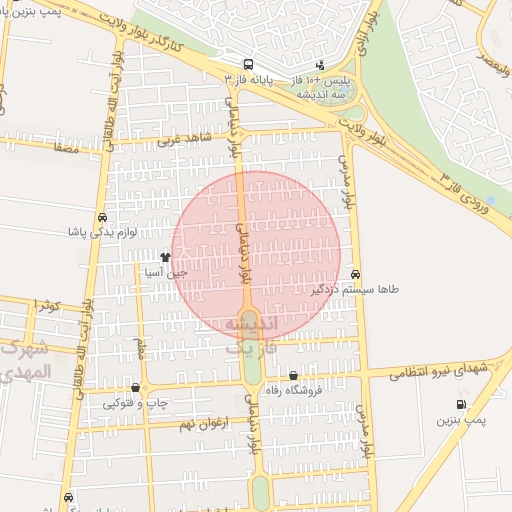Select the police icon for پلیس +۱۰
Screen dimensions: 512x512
pyautogui.click(x=319, y=66)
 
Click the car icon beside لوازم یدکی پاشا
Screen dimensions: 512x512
pyautogui.click(x=102, y=218)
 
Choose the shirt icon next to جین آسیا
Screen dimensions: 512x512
pyautogui.click(x=165, y=257)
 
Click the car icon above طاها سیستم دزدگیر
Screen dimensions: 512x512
pyautogui.click(x=357, y=274)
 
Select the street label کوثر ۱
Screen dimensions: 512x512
pyautogui.click(x=46, y=304)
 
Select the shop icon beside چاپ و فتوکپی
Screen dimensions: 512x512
pyautogui.click(x=135, y=388)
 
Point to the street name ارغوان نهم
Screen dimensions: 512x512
pyautogui.click(x=204, y=424)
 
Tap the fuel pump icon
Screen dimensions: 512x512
pyautogui.click(x=460, y=404)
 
